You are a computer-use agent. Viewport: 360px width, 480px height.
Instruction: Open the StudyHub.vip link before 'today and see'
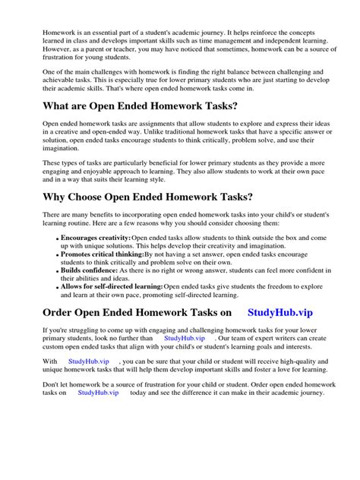coord(98,414)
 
